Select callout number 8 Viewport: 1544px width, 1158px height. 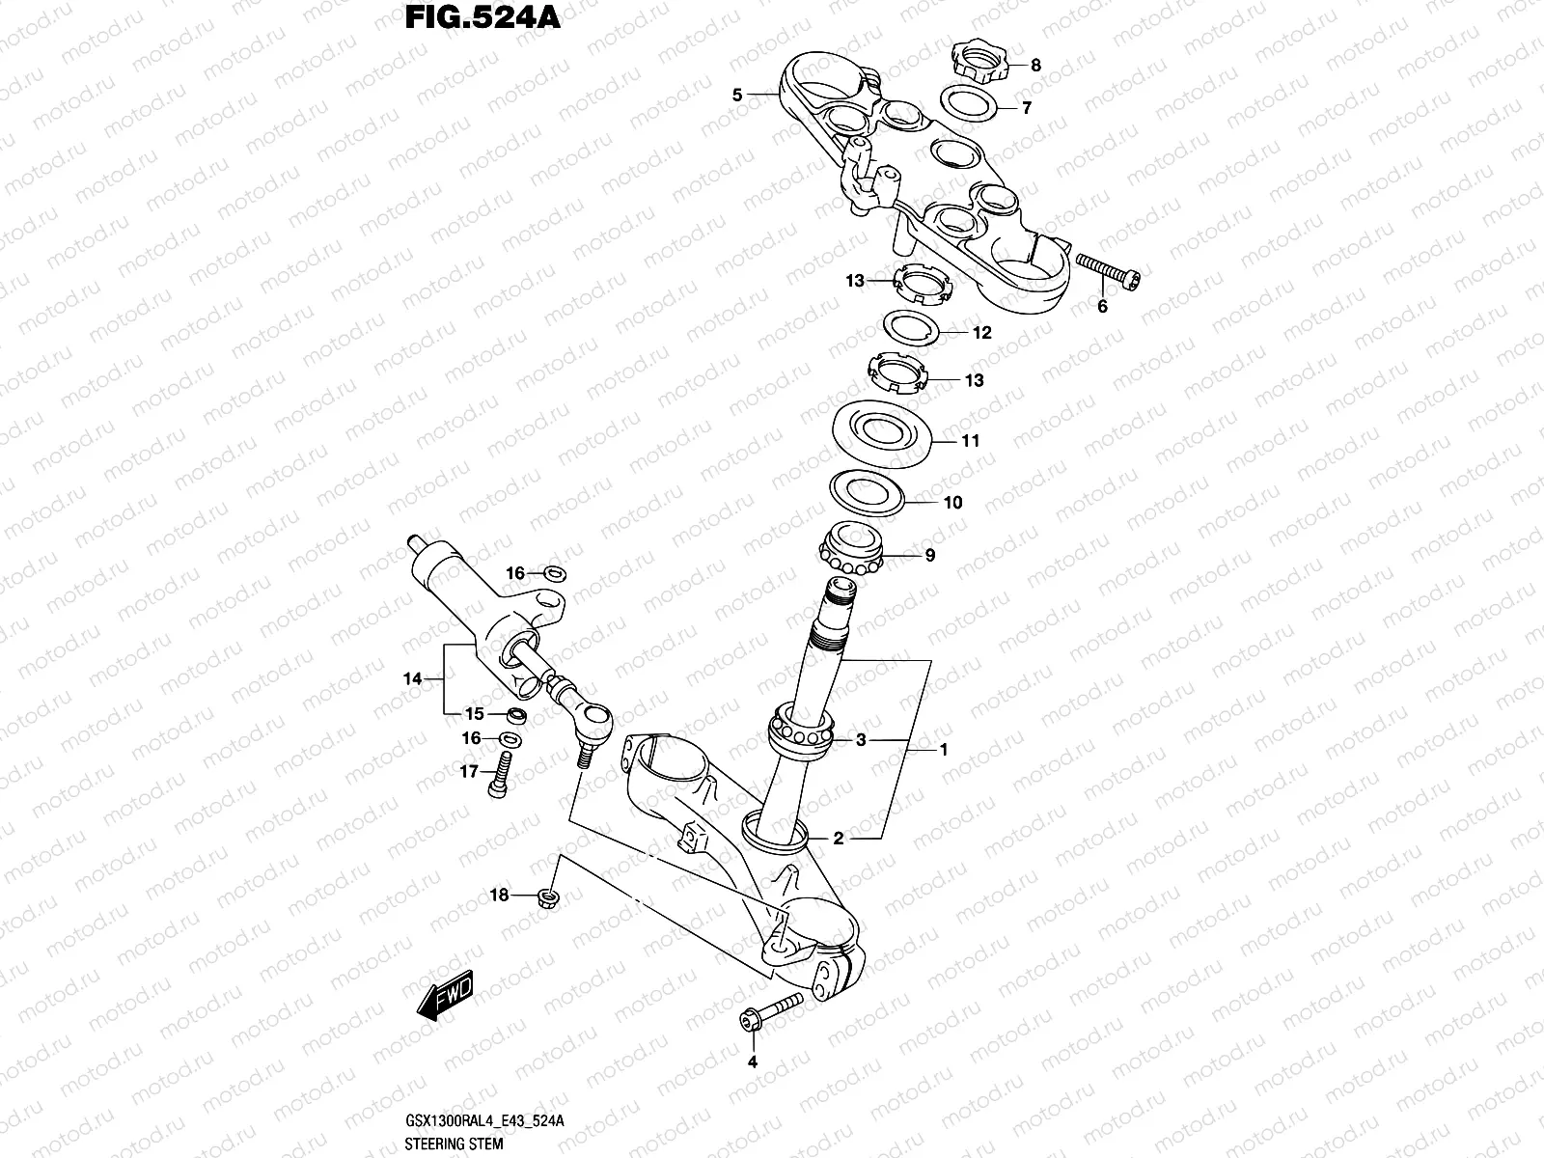pyautogui.click(x=1035, y=66)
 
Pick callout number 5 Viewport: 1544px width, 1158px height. pyautogui.click(x=737, y=95)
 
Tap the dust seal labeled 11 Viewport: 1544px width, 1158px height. pyautogui.click(x=885, y=430)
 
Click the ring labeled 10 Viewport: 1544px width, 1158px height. pyautogui.click(x=868, y=492)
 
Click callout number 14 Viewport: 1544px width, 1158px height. pyautogui.click(x=412, y=679)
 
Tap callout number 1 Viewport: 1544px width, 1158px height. pyautogui.click(x=944, y=749)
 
